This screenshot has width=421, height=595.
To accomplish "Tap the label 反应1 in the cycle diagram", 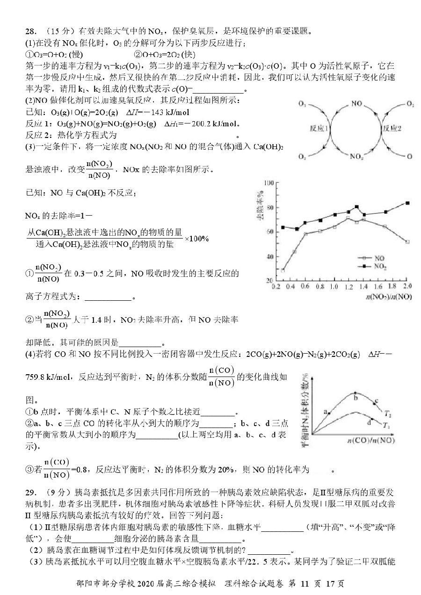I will point(319,129).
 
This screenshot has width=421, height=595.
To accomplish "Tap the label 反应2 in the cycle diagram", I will point(392,129).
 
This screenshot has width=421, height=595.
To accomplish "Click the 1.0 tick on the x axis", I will point(334,286).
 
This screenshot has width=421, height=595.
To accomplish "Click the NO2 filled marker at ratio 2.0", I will point(407,203).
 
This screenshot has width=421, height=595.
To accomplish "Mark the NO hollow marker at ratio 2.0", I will point(407,242).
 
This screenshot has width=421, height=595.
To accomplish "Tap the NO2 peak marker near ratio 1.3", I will point(356,207).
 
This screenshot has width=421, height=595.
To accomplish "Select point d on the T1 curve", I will point(372,418).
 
